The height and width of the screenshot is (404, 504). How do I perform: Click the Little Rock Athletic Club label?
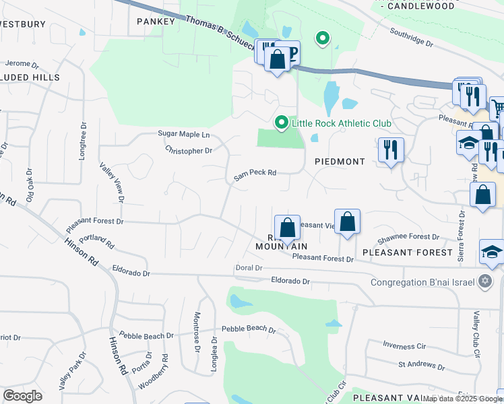332,123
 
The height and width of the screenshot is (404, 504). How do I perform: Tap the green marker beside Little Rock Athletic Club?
281,123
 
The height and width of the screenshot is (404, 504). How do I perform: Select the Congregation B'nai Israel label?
423,282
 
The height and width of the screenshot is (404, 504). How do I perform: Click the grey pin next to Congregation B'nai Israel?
485,282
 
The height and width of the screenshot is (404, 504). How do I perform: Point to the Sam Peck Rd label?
255,174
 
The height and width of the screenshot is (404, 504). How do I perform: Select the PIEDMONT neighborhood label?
340,162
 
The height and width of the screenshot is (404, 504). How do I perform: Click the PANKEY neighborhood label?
156,21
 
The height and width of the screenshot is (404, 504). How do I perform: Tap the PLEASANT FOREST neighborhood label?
407,252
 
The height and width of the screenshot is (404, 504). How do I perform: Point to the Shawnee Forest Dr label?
408,237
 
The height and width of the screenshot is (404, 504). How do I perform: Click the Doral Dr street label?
249,268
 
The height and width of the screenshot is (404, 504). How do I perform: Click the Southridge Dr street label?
410,36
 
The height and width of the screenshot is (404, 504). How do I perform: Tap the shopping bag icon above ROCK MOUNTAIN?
287,227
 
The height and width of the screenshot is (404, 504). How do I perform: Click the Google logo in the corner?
22,396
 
